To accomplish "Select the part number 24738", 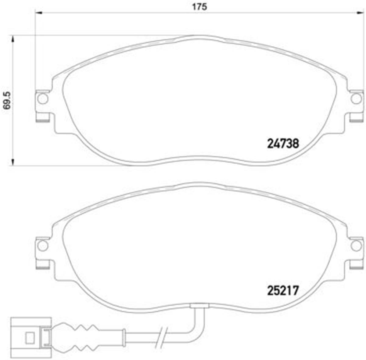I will [283, 144].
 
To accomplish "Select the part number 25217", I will [283, 290].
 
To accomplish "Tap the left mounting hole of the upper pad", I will [43, 99].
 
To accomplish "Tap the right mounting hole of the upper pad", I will [355, 99].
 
